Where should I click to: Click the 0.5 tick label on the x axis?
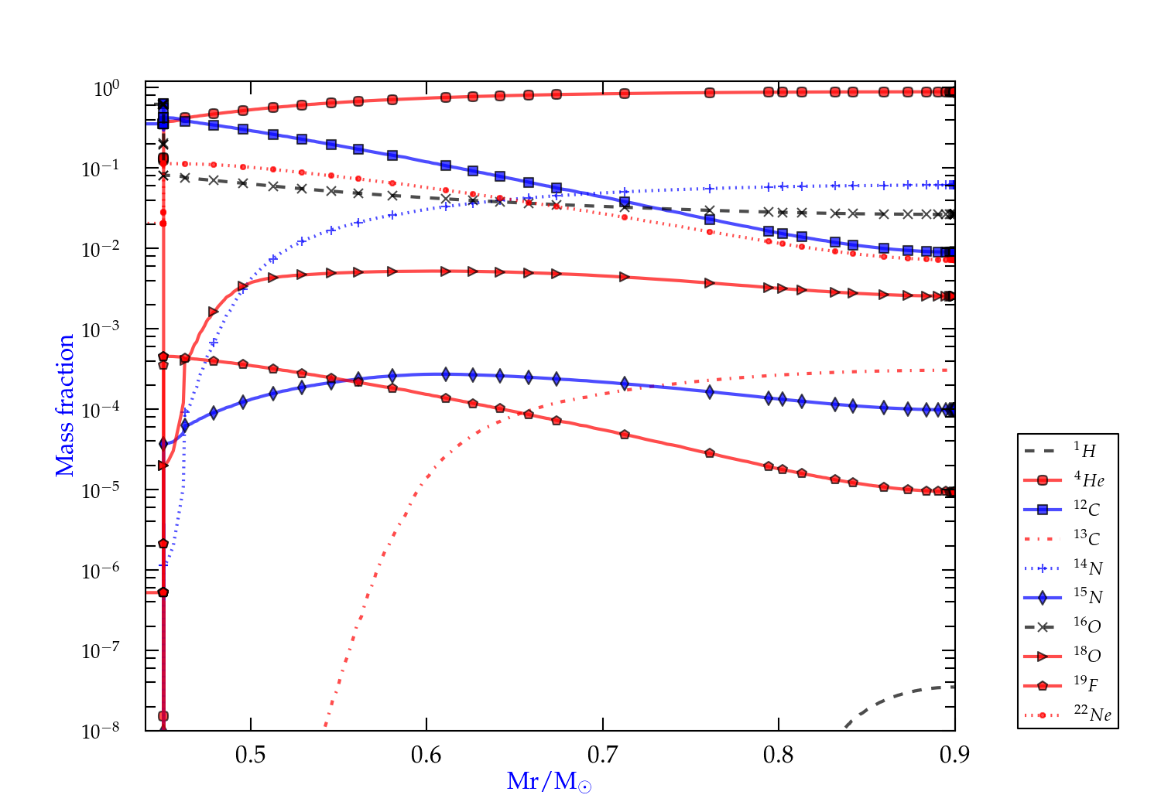(x=250, y=755)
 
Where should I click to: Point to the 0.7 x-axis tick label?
(x=602, y=755)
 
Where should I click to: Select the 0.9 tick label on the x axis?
(x=954, y=755)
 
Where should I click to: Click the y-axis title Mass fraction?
(x=65, y=405)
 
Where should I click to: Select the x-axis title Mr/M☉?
(x=549, y=782)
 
